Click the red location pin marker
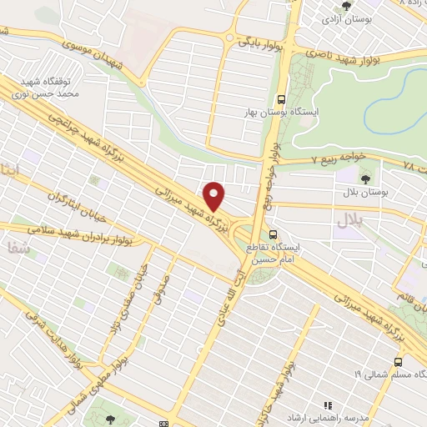point(215,196)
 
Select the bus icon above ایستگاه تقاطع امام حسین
point(275,234)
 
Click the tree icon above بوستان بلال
point(364,178)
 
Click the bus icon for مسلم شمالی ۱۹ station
point(397,362)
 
